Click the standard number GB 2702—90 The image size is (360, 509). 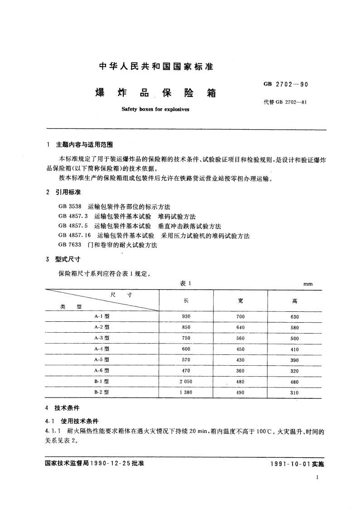tap(285, 84)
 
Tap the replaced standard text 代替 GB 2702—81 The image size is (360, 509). tap(285, 102)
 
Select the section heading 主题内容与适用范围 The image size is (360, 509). tap(84, 145)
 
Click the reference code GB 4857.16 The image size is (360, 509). tap(75, 236)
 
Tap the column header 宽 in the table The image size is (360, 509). tap(240, 301)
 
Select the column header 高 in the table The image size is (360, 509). tap(295, 301)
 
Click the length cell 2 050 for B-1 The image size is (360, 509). tap(186, 382)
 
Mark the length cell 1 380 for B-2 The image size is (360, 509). tap(186, 393)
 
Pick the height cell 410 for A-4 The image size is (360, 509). tap(295, 349)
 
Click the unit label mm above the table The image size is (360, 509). tap(308, 284)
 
